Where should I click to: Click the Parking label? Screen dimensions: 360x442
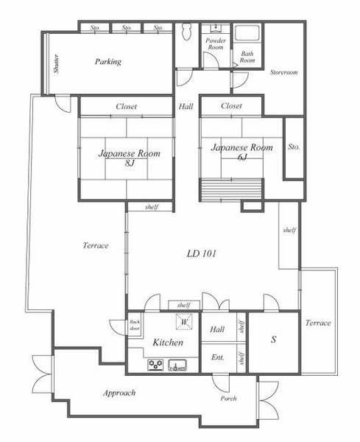pyautogui.click(x=108, y=62)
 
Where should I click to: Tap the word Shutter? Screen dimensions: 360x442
pyautogui.click(x=57, y=63)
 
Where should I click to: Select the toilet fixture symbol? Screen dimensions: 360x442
pyautogui.click(x=186, y=31)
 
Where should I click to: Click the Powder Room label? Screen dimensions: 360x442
pyautogui.click(x=216, y=44)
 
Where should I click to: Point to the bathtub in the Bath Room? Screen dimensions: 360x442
pyautogui.click(x=247, y=34)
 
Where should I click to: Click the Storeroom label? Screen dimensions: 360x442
pyautogui.click(x=284, y=72)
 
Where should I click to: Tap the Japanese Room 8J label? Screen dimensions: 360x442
pyautogui.click(x=130, y=158)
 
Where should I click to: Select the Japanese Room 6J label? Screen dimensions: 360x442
pyautogui.click(x=242, y=152)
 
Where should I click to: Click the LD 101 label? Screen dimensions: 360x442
pyautogui.click(x=202, y=253)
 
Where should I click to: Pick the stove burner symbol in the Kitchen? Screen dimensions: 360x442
pyautogui.click(x=156, y=365)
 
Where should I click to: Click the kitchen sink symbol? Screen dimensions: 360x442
pyautogui.click(x=177, y=365)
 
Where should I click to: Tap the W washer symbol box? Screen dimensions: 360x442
pyautogui.click(x=185, y=321)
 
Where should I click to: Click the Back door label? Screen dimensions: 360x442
pyautogui.click(x=135, y=325)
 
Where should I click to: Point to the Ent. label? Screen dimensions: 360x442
pyautogui.click(x=218, y=357)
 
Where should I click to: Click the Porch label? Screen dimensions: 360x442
pyautogui.click(x=228, y=399)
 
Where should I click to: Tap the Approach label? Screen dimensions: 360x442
pyautogui.click(x=119, y=393)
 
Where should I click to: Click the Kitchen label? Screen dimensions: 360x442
pyautogui.click(x=168, y=343)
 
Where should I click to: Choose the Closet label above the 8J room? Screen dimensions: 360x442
pyautogui.click(x=127, y=107)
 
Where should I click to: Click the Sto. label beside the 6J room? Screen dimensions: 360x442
pyautogui.click(x=294, y=147)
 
